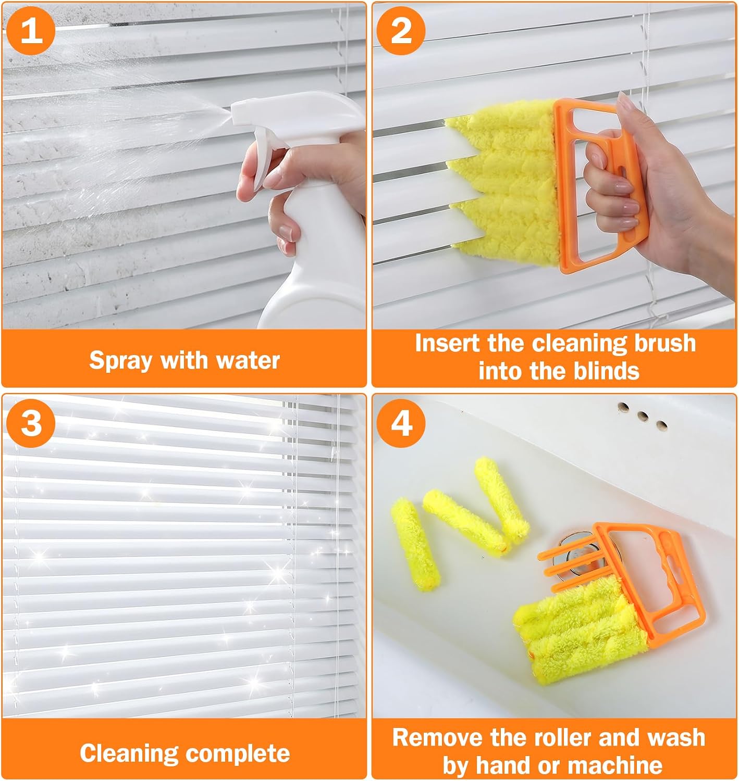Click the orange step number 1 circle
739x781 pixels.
tap(31, 31)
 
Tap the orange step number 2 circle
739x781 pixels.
tap(401, 31)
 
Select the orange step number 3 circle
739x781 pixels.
tap(31, 423)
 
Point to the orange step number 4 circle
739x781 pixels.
tap(401, 423)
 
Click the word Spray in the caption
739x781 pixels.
tap(120, 361)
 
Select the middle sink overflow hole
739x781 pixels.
tap(643, 416)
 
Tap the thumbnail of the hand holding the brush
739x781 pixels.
tap(624, 102)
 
